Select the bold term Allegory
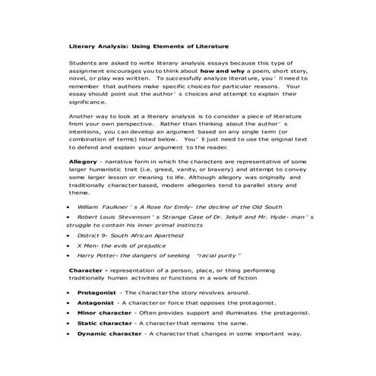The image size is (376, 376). pyautogui.click(x=84, y=162)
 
